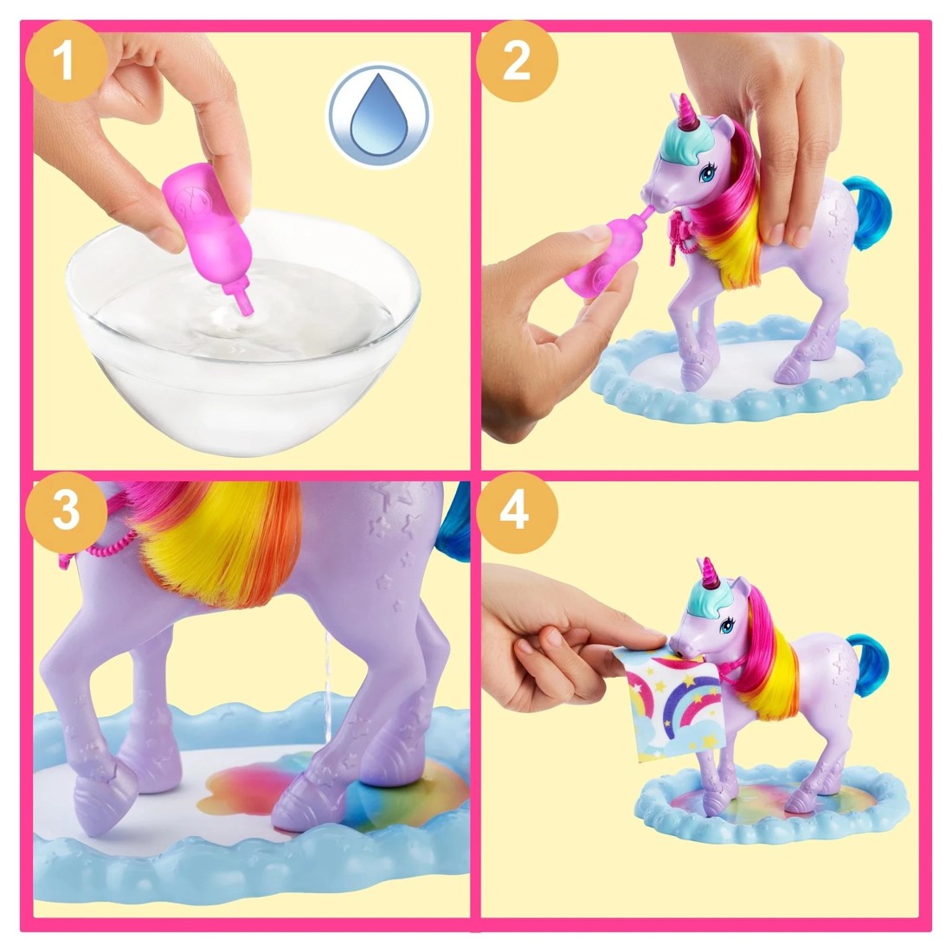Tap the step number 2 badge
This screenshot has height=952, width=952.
(517, 62)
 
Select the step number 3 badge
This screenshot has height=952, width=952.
(67, 512)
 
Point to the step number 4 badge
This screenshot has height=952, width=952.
(516, 512)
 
